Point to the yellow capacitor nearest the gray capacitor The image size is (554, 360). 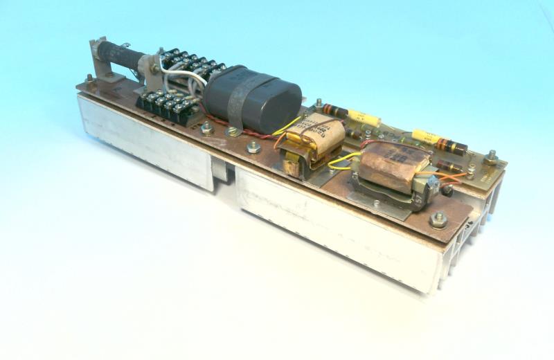pos(364,118)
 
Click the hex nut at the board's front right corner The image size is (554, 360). pos(437,221)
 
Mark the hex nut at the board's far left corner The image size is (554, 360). pos(89,79)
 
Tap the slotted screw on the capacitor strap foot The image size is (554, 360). pos(229,130)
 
